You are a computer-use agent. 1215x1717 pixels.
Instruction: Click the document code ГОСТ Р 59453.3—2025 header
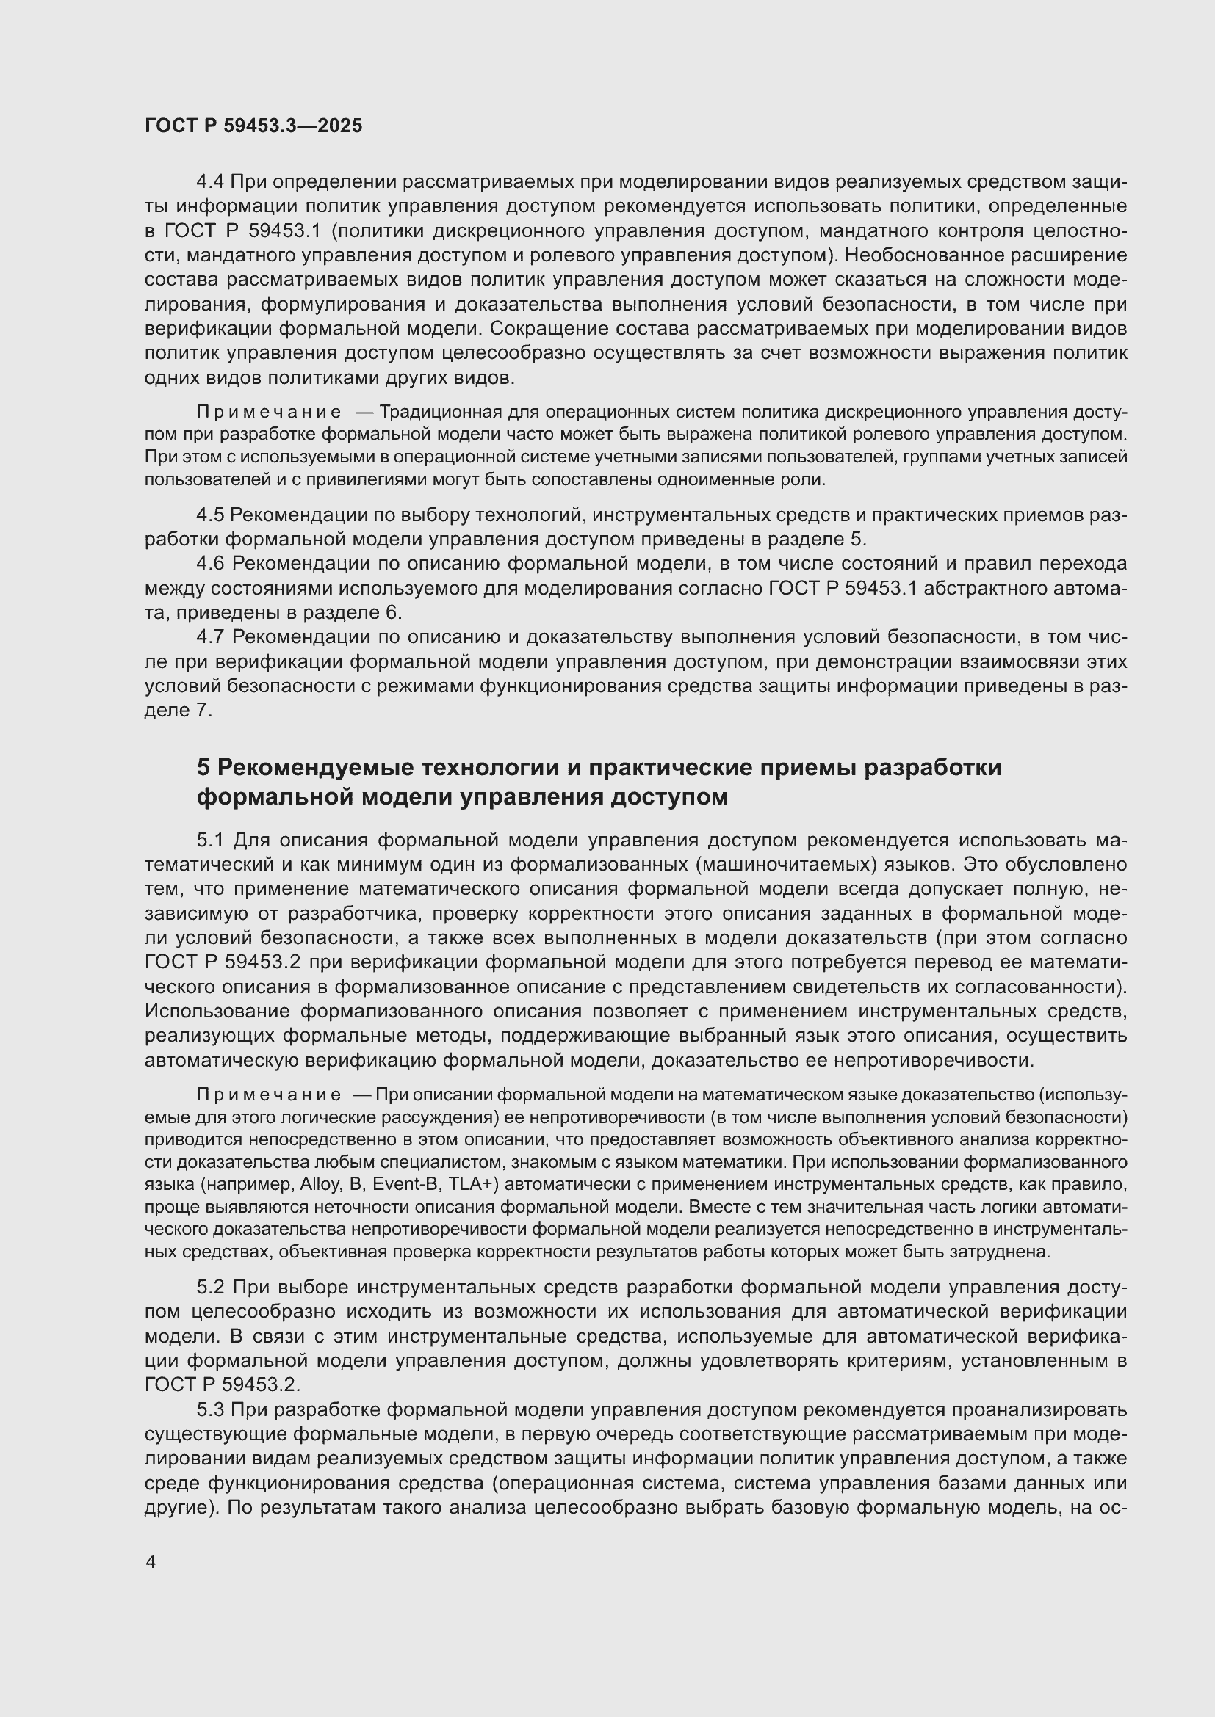click(x=253, y=126)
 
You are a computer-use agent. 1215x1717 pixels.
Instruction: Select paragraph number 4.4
click(x=209, y=182)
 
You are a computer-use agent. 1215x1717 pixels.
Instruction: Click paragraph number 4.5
click(x=209, y=515)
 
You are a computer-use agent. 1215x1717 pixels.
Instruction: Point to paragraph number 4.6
click(x=209, y=563)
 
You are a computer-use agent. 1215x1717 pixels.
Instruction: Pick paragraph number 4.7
click(x=209, y=636)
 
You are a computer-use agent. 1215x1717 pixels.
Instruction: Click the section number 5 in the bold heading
click(x=203, y=767)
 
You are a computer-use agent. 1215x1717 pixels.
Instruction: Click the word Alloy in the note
click(x=319, y=1185)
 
